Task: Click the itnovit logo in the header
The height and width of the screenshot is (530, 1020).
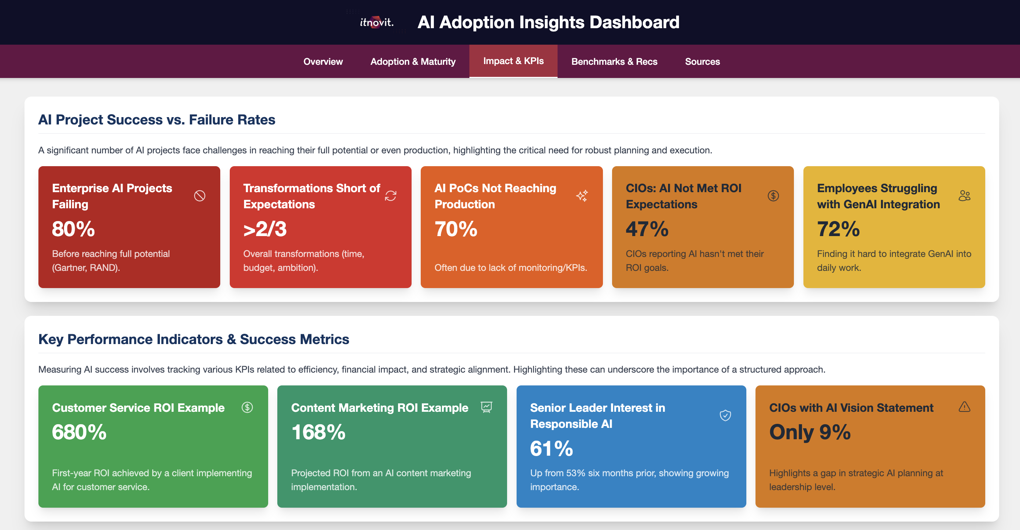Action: point(376,22)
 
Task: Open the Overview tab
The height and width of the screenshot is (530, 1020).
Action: point(323,61)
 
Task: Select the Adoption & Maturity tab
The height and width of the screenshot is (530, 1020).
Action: point(413,61)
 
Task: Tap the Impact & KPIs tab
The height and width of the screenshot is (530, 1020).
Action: point(513,61)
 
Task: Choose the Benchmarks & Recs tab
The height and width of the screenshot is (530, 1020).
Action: point(614,61)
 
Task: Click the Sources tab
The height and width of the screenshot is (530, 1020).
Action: point(702,61)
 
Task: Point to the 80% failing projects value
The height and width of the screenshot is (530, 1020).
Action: point(73,229)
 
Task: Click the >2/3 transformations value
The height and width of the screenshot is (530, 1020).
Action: point(265,229)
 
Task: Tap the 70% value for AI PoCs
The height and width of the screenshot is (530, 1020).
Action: point(456,229)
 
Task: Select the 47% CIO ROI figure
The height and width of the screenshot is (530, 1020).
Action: point(647,229)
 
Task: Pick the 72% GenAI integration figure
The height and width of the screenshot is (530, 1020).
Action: point(838,229)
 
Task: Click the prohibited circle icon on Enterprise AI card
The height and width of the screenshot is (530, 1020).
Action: point(199,196)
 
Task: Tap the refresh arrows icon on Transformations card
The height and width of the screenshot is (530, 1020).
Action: point(390,196)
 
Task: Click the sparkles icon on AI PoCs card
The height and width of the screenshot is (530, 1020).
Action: point(582,196)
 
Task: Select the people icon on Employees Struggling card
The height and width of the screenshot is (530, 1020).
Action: point(964,196)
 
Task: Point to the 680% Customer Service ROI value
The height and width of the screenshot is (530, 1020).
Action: point(79,432)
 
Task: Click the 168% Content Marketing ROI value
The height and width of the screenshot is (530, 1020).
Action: point(318,432)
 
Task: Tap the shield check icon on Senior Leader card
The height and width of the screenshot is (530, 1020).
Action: point(725,415)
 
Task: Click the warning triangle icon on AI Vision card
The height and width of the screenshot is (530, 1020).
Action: point(964,407)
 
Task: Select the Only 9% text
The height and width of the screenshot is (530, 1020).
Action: point(809,432)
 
